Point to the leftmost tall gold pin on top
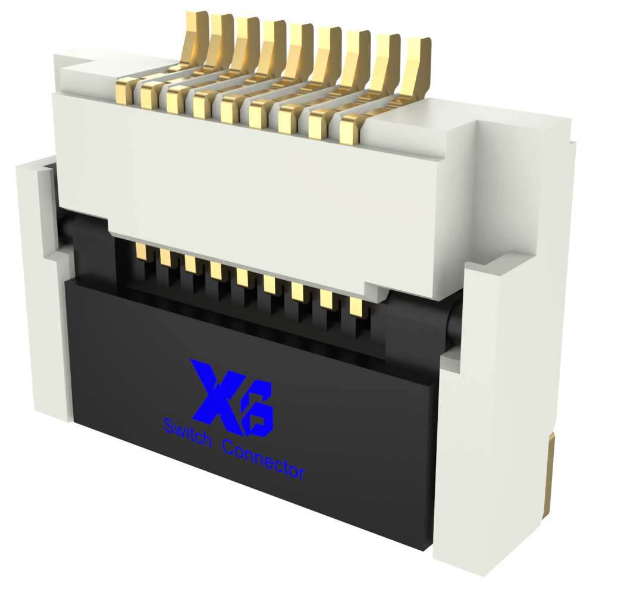[x=194, y=40]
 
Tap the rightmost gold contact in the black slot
[x=357, y=306]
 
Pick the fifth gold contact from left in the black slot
[x=244, y=277]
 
